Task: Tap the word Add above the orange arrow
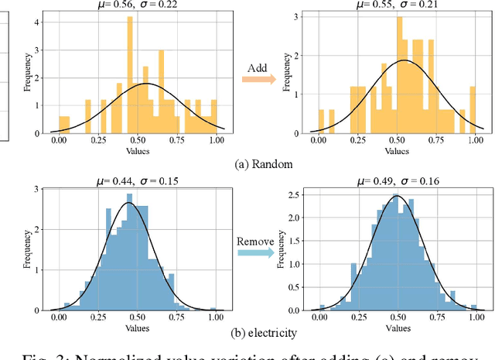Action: pos(257,69)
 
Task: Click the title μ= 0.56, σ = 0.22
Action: pos(137,5)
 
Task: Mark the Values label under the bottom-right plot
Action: pos(398,327)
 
